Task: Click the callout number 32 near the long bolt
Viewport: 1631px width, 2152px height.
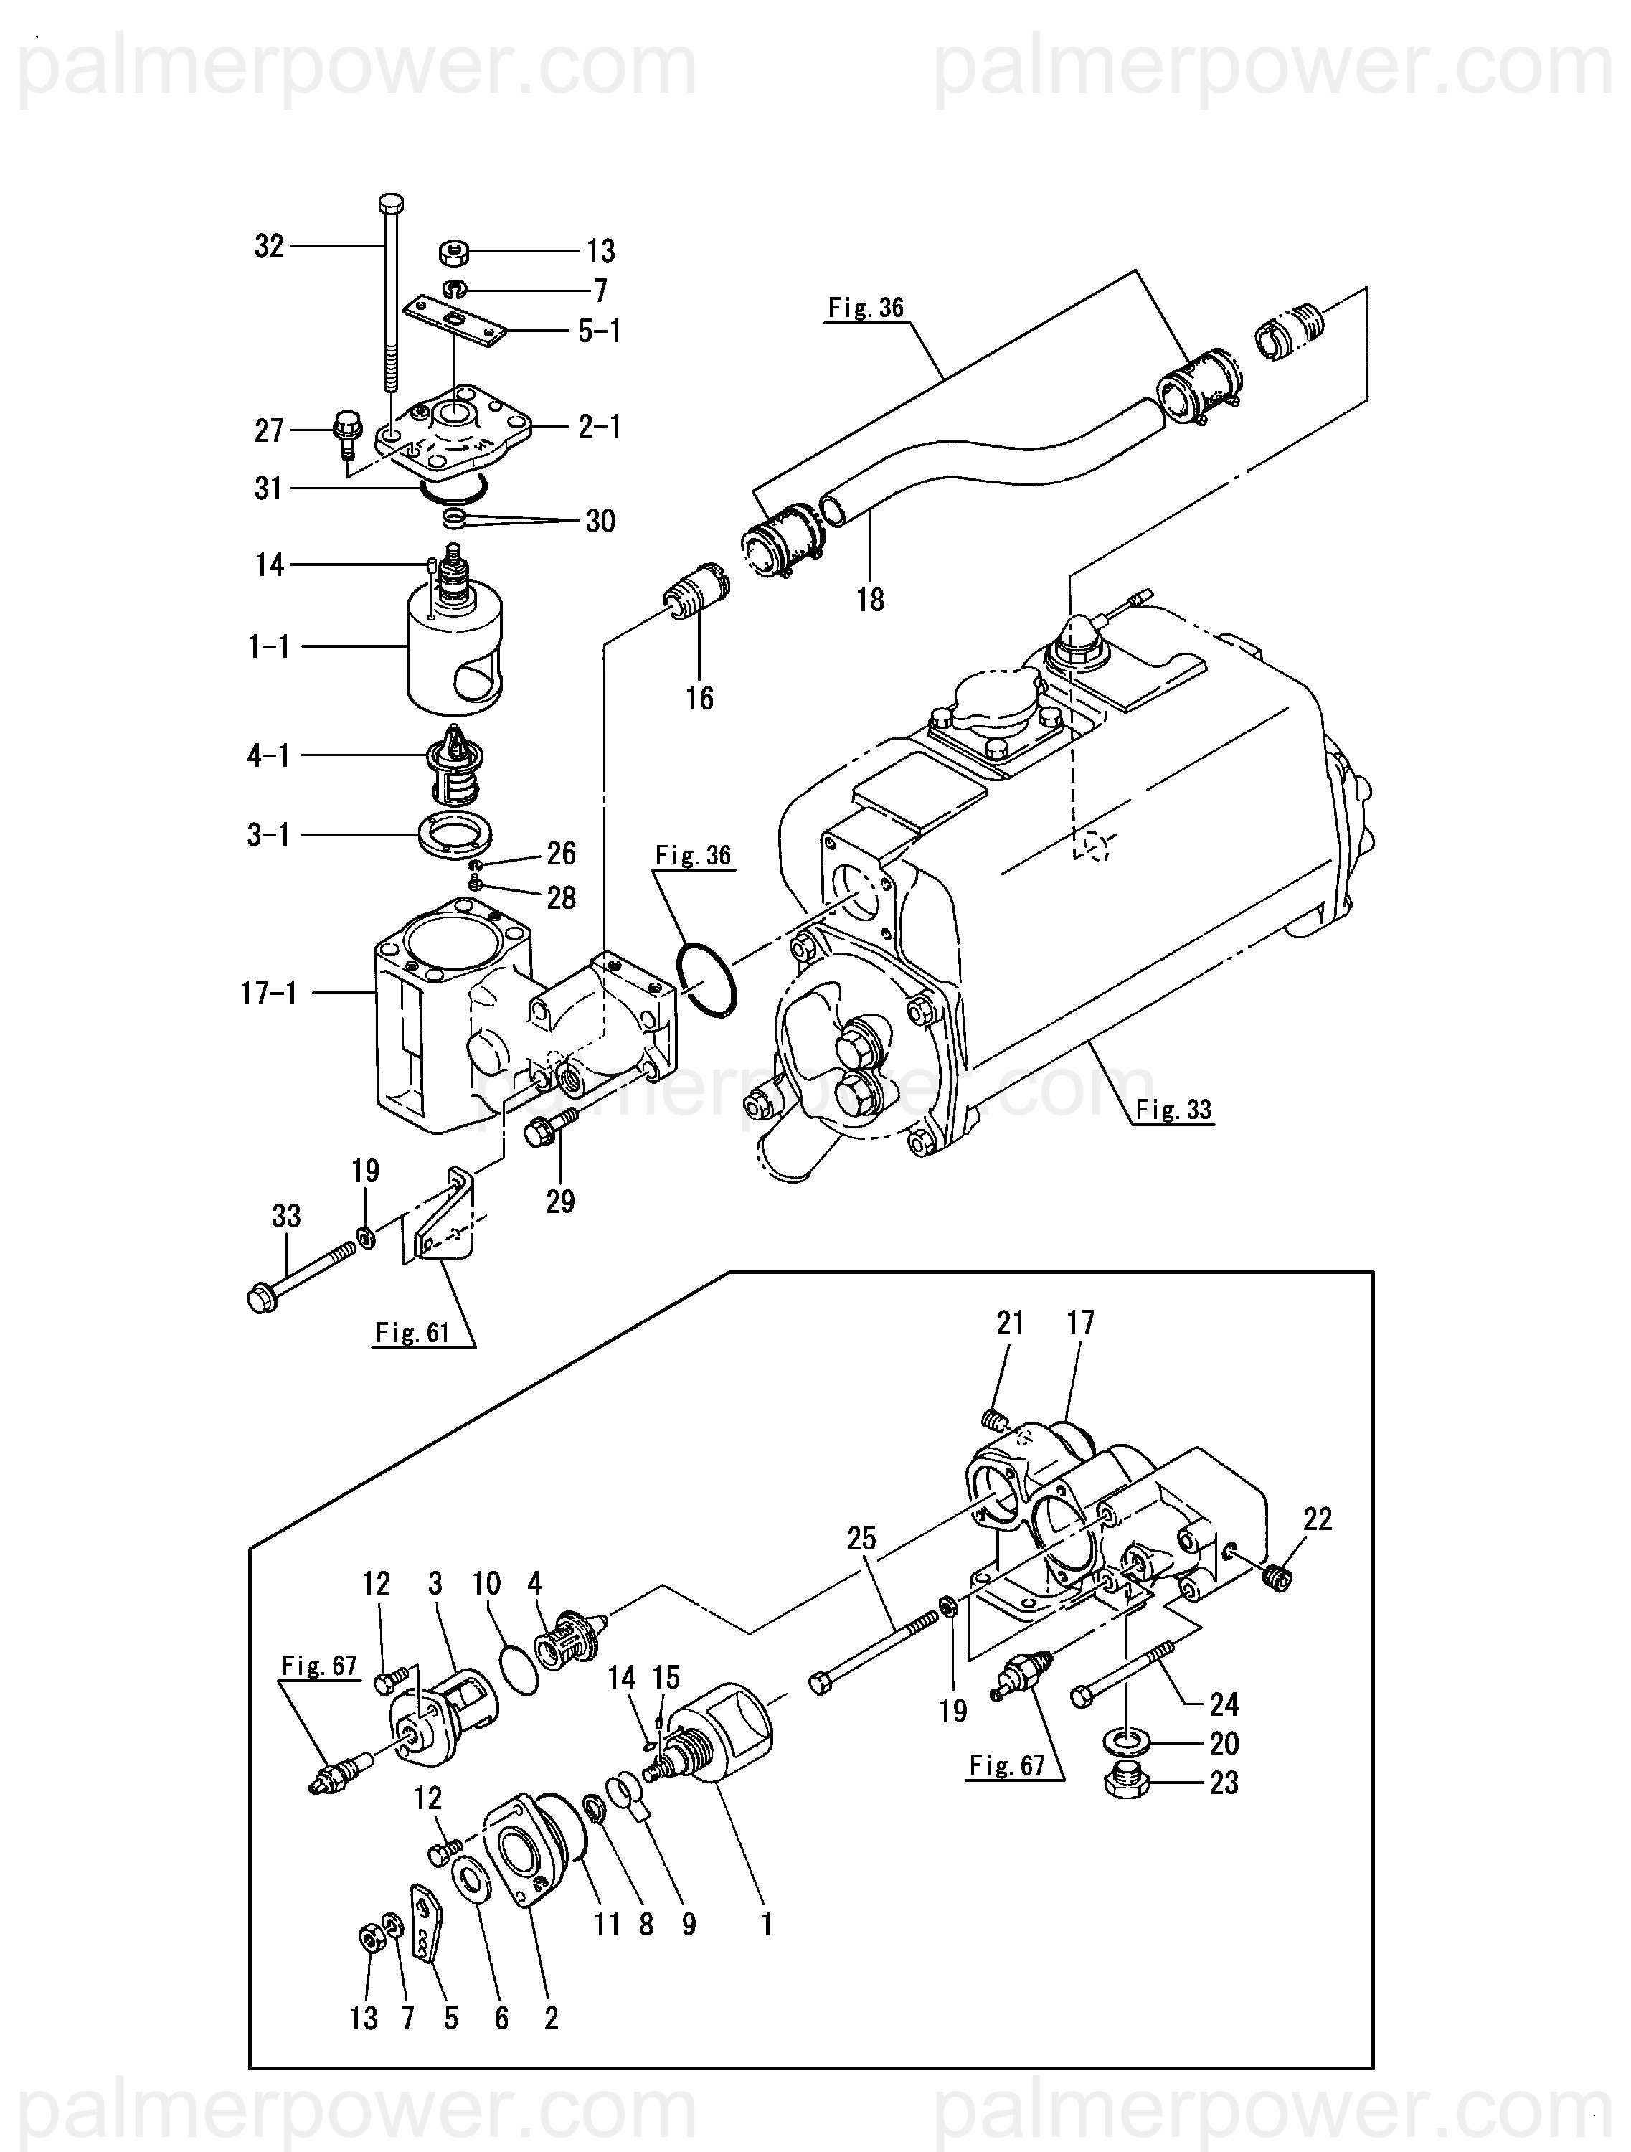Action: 270,246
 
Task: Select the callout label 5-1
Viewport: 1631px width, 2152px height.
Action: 599,331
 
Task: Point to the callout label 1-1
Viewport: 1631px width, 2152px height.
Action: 270,646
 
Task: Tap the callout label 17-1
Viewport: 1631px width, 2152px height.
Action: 270,994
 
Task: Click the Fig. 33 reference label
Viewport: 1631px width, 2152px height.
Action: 1174,1109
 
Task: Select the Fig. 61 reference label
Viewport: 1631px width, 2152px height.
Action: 412,1332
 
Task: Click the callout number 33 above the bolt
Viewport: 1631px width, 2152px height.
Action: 286,1216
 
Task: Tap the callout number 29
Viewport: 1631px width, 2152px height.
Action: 560,1202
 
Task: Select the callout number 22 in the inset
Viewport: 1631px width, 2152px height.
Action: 1317,1519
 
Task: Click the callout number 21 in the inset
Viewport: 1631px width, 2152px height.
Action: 1011,1322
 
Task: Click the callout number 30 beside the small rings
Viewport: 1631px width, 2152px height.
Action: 600,522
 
